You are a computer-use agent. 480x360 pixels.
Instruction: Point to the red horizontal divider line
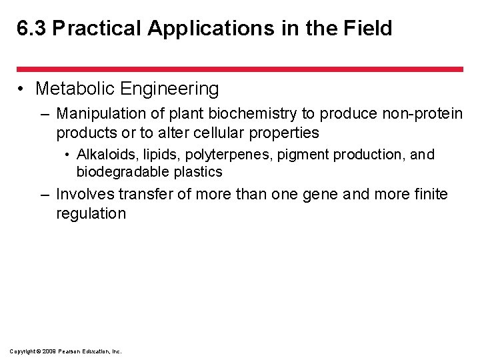pyautogui.click(x=239, y=69)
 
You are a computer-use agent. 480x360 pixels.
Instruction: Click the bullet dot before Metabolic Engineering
pyautogui.click(x=23, y=89)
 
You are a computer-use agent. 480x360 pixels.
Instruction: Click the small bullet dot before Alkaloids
pyautogui.click(x=69, y=155)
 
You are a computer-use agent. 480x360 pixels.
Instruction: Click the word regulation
pyautogui.click(x=91, y=213)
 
